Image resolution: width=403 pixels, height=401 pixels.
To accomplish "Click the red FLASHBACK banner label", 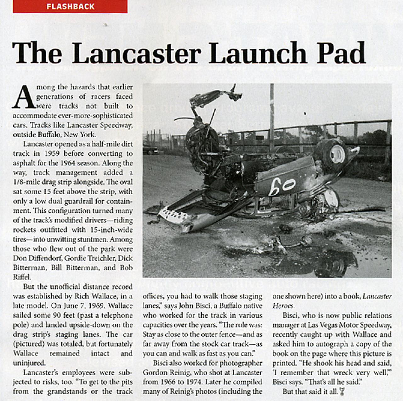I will point(70,7).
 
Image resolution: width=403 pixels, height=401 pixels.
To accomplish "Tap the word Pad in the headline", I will point(341,53).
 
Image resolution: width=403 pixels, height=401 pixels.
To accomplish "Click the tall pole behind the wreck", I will point(272,113).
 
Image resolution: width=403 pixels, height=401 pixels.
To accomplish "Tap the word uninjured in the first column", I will point(29,363).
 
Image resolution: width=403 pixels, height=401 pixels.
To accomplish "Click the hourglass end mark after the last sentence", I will point(342,392).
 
